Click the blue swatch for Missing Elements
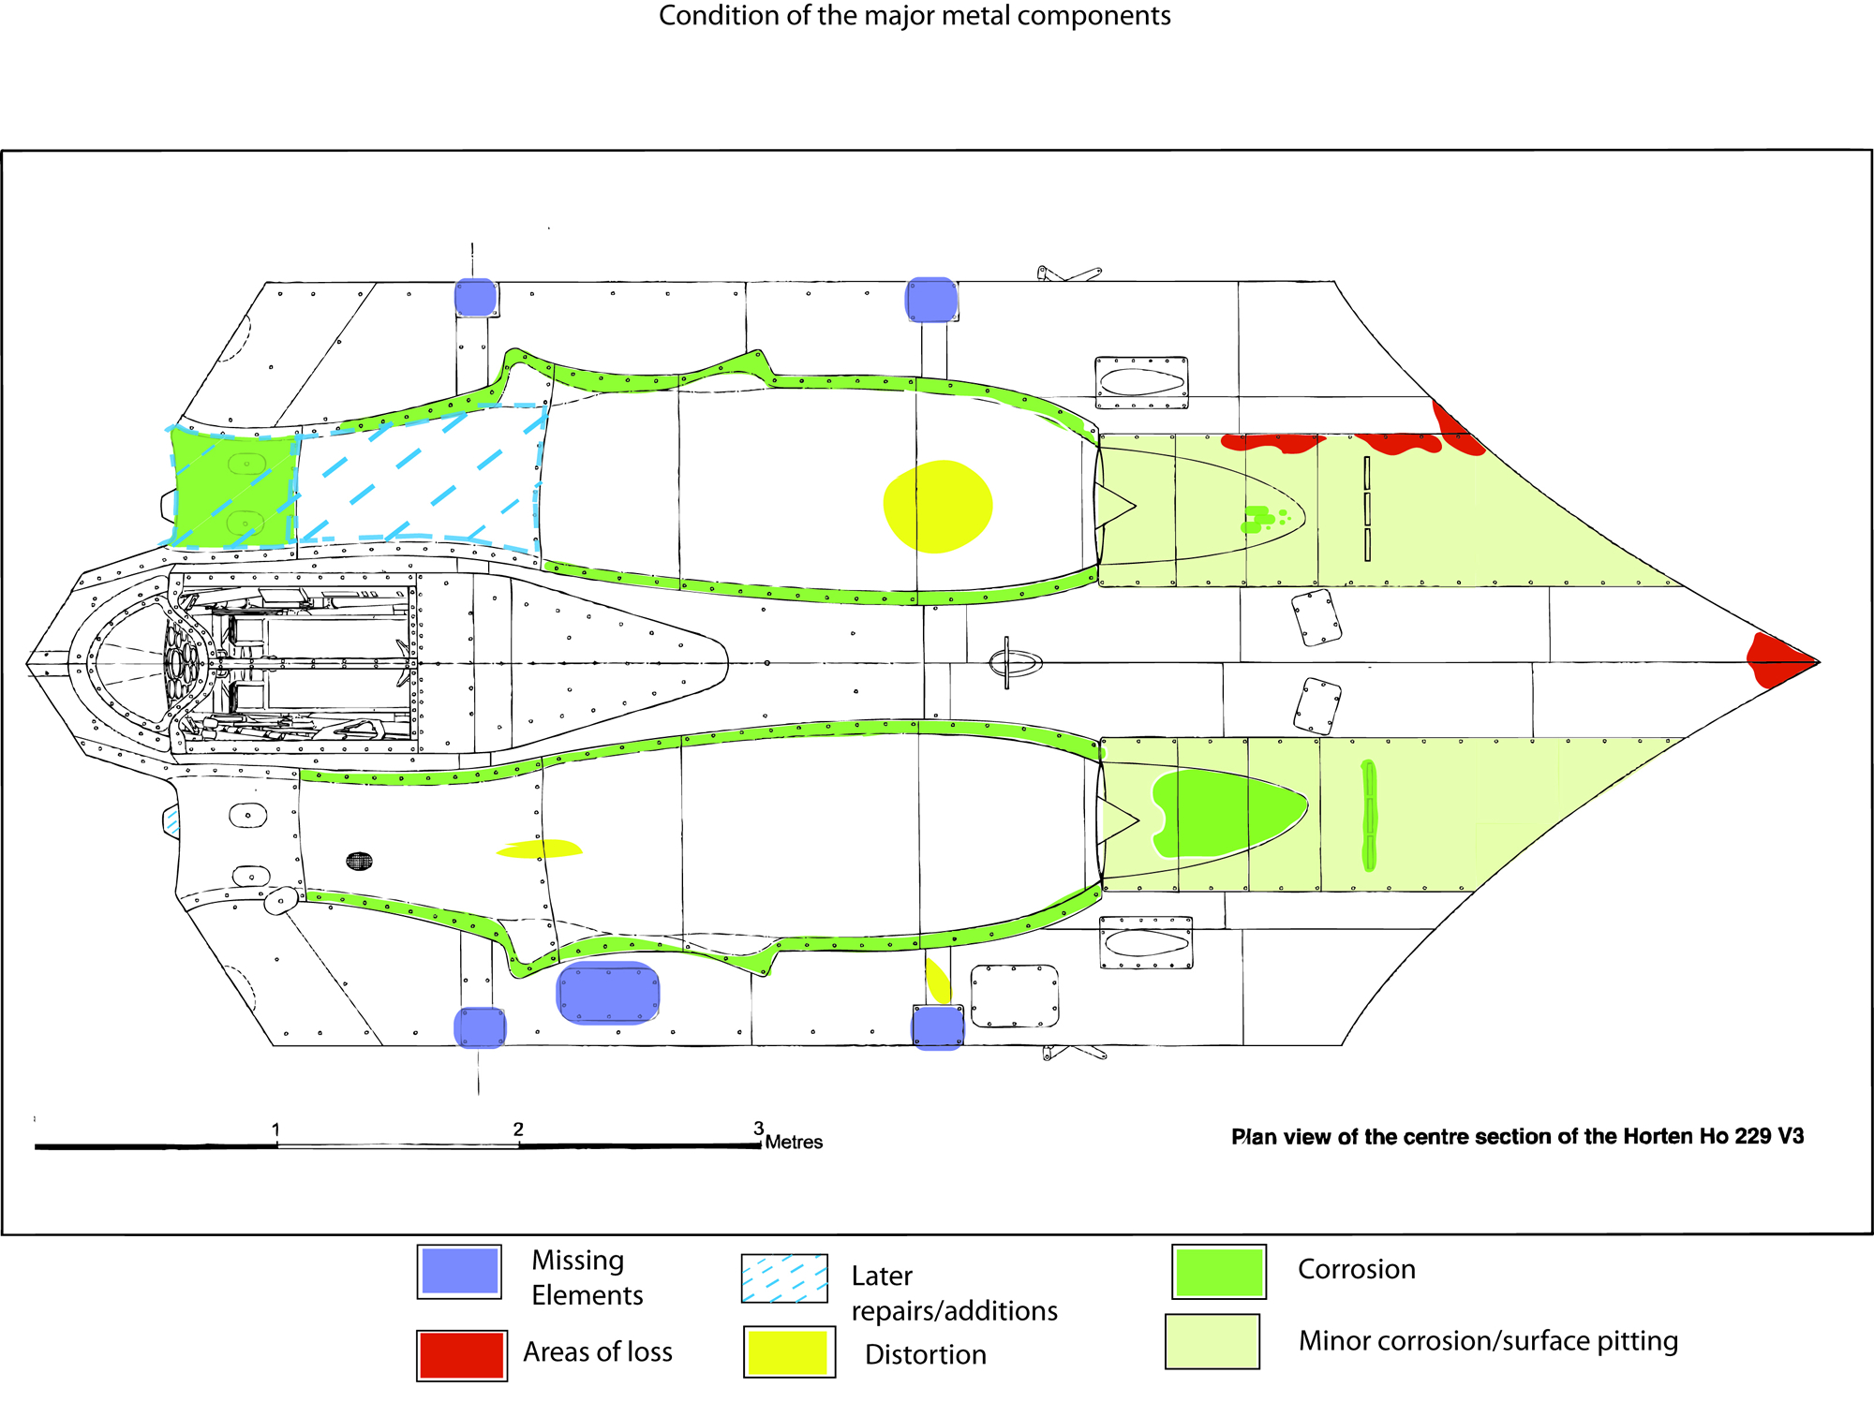click(x=459, y=1271)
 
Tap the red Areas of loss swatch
click(x=461, y=1355)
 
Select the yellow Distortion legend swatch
click(x=788, y=1351)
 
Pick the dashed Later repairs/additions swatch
click(x=784, y=1278)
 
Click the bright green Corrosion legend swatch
click(x=1218, y=1272)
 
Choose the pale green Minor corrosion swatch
click(x=1212, y=1341)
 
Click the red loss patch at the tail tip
click(x=1773, y=660)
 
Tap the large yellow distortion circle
click(x=937, y=506)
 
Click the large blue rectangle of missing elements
click(x=608, y=993)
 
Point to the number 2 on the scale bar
click(x=518, y=1129)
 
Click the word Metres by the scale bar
click(x=794, y=1142)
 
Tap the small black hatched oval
click(x=359, y=861)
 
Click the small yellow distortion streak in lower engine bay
click(x=539, y=849)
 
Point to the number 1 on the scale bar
click(x=275, y=1129)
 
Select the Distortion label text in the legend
click(x=925, y=1354)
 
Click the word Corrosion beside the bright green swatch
click(x=1356, y=1269)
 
